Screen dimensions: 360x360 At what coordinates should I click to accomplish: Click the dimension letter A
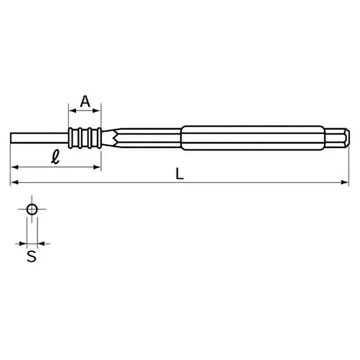(85, 102)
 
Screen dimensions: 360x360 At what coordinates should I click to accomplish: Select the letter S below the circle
(31, 257)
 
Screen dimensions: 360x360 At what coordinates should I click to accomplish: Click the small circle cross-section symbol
(31, 209)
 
